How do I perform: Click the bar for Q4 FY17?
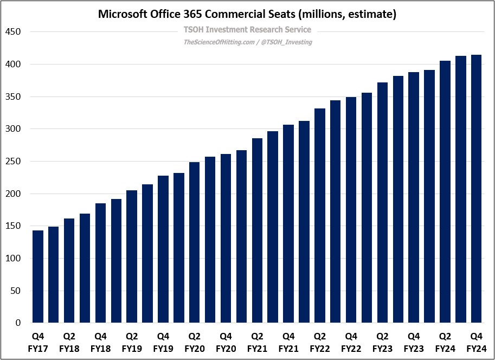click(x=38, y=277)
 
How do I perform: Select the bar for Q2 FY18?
click(x=69, y=271)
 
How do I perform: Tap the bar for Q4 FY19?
click(x=163, y=249)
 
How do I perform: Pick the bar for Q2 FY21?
click(x=258, y=230)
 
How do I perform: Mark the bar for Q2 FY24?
click(x=445, y=192)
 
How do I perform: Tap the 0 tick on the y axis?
click(x=18, y=323)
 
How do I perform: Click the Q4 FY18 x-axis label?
click(x=100, y=342)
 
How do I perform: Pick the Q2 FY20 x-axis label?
click(x=195, y=342)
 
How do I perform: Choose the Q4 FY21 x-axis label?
click(x=288, y=342)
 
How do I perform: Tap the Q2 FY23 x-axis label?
click(x=383, y=342)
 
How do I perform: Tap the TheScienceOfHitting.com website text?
click(x=219, y=42)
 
